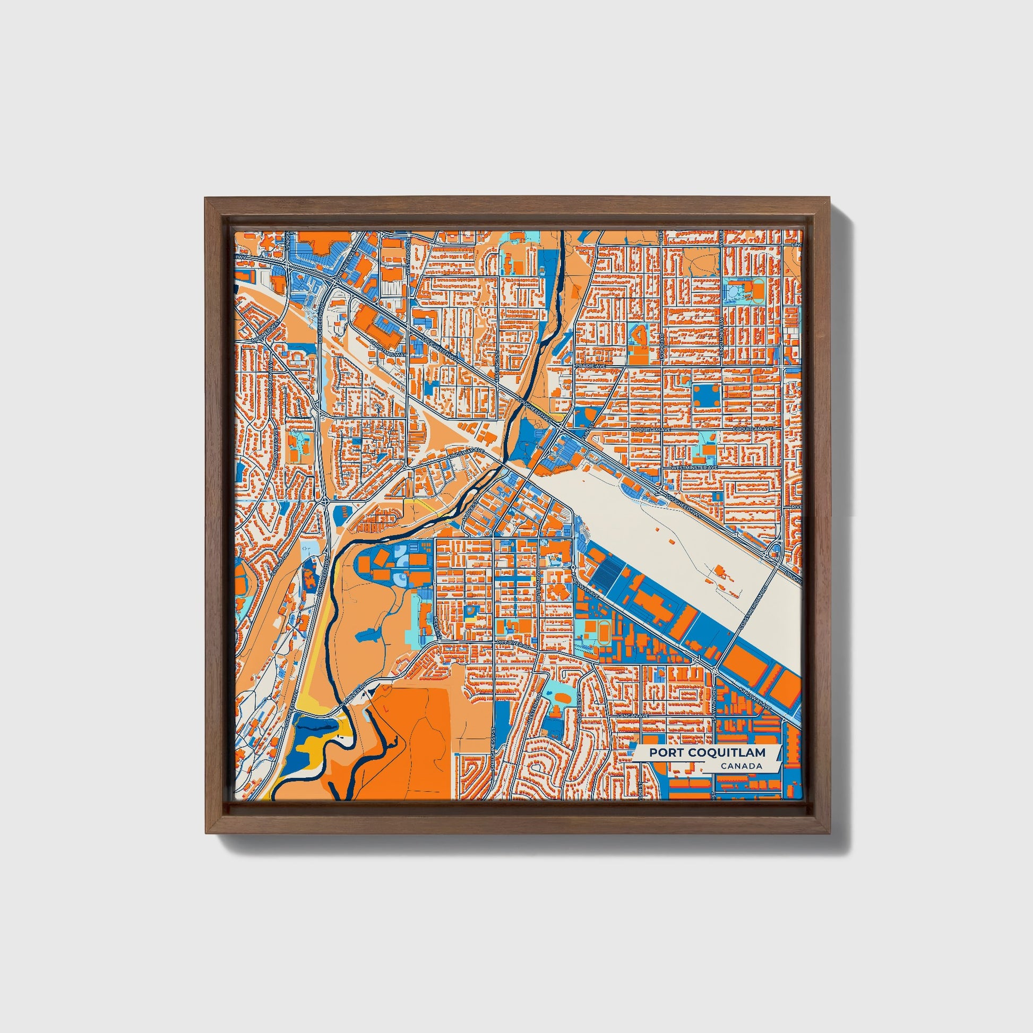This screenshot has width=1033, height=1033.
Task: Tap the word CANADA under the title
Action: point(741,766)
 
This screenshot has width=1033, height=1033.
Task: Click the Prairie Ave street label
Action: point(590,366)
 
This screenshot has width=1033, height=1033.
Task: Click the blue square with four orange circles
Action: point(708,396)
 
